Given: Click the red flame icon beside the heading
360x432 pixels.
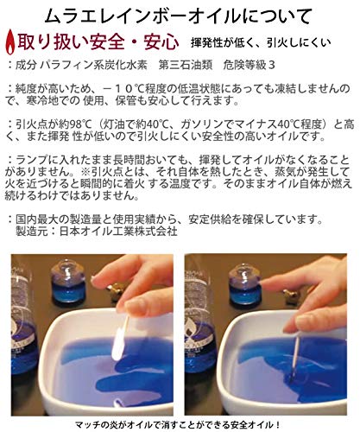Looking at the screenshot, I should tap(11, 41).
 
